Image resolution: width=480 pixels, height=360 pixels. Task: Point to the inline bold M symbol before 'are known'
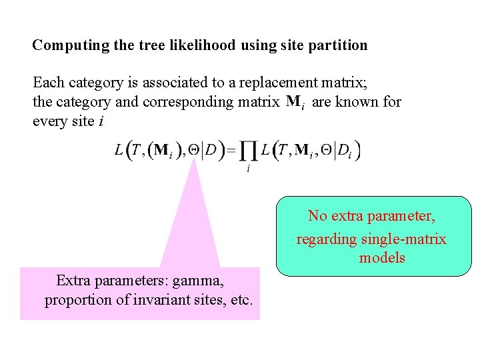(x=293, y=102)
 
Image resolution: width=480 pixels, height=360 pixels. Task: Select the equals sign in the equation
(x=231, y=151)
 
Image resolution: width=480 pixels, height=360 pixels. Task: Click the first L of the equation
(x=119, y=151)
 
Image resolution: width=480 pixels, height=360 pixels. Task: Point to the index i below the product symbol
(x=248, y=169)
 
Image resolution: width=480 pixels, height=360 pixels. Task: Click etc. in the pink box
(x=240, y=299)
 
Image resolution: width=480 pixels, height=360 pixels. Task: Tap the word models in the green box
(x=382, y=257)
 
